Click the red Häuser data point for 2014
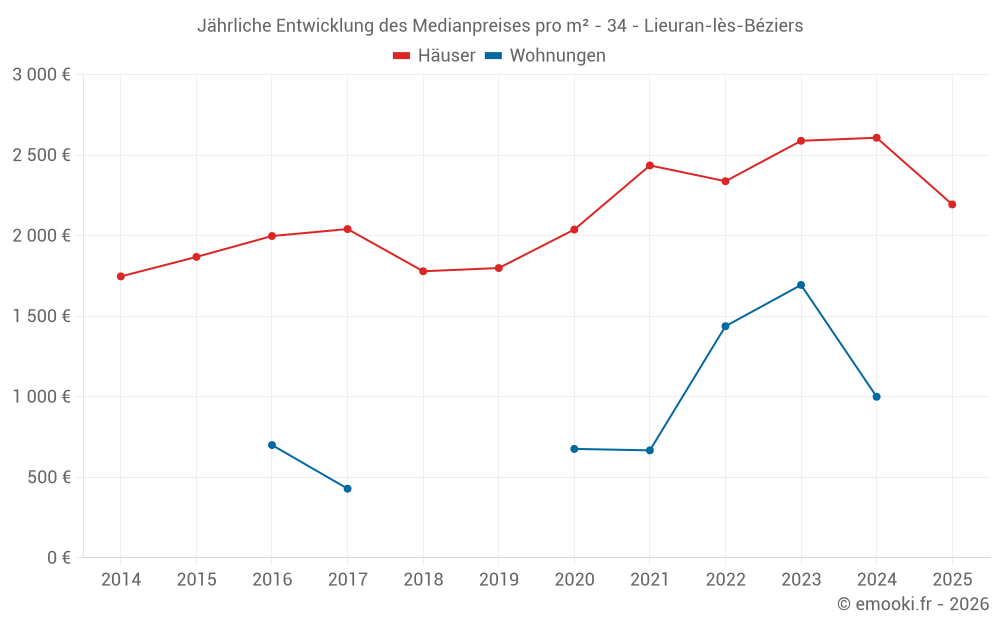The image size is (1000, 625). pos(121,277)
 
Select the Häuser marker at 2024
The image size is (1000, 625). pos(876,138)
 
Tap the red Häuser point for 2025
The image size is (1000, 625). pos(952,204)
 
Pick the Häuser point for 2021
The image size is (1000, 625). pos(650,165)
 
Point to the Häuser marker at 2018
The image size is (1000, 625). pos(423,271)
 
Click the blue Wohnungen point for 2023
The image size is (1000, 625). pos(801,285)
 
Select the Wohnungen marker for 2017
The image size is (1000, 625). pos(347,489)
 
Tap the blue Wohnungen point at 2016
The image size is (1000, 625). pos(272,445)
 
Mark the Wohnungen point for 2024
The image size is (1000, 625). pos(876,397)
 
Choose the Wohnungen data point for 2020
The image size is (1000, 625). pos(574,449)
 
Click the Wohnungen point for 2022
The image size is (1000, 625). pos(725,326)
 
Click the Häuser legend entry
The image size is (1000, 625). pos(434,56)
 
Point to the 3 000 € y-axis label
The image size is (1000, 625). pos(41,75)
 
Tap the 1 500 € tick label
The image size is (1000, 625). pos(41,316)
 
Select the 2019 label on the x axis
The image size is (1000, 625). pos(499,580)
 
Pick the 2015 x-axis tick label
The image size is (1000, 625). pos(196,580)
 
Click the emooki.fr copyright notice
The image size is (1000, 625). pos(913,604)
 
